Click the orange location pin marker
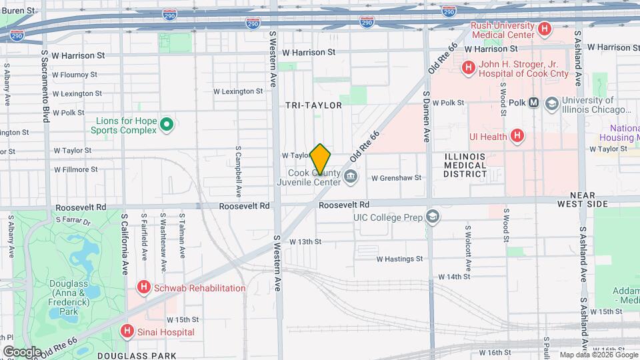pos(321,159)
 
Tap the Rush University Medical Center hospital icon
pos(545,29)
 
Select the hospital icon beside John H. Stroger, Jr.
pos(468,67)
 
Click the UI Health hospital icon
pos(516,136)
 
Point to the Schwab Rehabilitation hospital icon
pos(143,288)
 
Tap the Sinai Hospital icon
pos(127,331)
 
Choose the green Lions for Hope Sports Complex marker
pos(167,125)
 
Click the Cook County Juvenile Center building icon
pos(351,177)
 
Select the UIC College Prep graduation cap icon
pos(433,217)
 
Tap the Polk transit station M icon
pos(533,103)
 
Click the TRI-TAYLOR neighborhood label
pos(313,105)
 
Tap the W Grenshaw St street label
pos(397,178)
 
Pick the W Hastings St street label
pos(399,259)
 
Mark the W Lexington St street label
pos(238,91)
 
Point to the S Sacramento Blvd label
pos(45,85)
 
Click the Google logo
pos(22,351)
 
